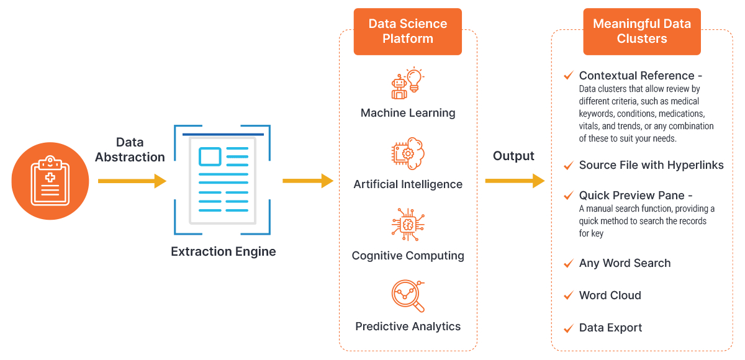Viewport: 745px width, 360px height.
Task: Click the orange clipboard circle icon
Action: (50, 181)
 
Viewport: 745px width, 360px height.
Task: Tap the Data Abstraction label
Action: (130, 150)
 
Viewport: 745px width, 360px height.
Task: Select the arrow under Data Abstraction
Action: (132, 181)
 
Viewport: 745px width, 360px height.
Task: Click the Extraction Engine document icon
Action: (222, 180)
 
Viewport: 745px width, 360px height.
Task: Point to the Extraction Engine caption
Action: (223, 251)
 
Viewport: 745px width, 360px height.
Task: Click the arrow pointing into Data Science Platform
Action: (308, 181)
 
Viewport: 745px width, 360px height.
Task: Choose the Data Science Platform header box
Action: (408, 32)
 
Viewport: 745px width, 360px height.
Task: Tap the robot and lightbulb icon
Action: (408, 83)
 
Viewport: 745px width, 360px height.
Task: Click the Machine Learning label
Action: (408, 113)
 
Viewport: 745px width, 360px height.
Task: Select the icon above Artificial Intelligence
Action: (408, 153)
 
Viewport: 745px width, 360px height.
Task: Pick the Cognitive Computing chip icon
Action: (408, 224)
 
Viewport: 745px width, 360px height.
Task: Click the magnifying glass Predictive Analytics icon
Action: (408, 296)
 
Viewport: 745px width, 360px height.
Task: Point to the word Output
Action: (513, 156)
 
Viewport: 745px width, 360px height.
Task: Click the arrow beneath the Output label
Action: (515, 181)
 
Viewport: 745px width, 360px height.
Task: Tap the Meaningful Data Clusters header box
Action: (642, 32)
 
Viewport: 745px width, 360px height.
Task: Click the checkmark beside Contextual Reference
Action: (569, 76)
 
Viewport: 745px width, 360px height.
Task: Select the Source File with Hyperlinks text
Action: (651, 165)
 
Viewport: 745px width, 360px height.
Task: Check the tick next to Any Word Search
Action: (569, 263)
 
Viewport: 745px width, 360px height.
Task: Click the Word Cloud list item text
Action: (610, 295)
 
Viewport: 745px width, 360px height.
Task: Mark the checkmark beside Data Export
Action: (569, 328)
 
